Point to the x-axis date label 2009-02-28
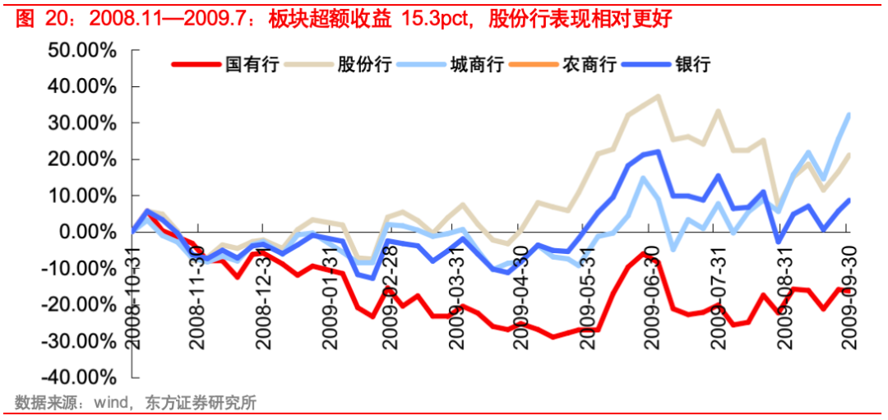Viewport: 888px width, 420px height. pyautogui.click(x=391, y=292)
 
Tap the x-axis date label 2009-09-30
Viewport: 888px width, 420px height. pyautogui.click(x=848, y=292)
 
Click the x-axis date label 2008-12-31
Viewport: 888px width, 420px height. pyautogui.click(x=262, y=292)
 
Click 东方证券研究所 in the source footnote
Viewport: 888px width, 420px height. pyautogui.click(x=200, y=403)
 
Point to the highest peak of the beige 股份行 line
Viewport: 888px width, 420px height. pyautogui.click(x=659, y=95)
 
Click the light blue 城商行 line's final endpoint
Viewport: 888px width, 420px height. pyautogui.click(x=849, y=114)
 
